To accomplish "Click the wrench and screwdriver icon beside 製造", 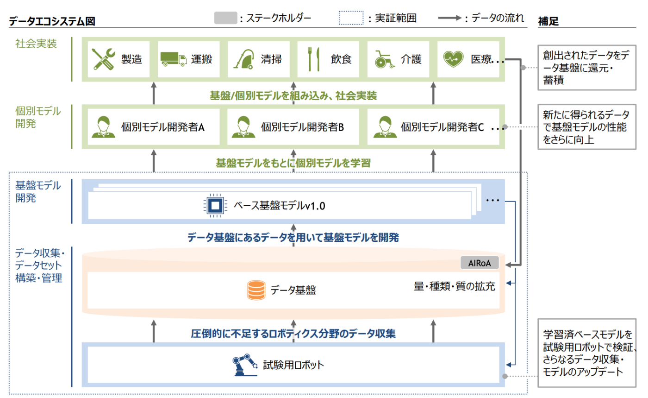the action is tap(103, 59).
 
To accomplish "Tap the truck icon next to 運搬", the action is tap(174, 59).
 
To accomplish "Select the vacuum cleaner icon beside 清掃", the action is tap(243, 59).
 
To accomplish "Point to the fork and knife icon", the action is tap(314, 59).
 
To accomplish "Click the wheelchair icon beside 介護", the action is tap(384, 59).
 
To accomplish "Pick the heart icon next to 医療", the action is tap(453, 59).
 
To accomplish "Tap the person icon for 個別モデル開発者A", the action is tap(103, 127).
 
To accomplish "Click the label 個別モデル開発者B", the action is tap(302, 127).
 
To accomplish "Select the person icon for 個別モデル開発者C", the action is tap(385, 127).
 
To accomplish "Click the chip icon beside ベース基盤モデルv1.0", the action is tap(215, 205).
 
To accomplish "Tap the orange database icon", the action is tap(256, 290).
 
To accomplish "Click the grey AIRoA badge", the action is tap(480, 263).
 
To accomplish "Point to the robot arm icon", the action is tap(245, 365).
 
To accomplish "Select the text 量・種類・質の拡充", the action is tap(454, 286).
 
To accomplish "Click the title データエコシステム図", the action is tap(52, 21).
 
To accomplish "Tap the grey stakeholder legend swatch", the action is tap(226, 18).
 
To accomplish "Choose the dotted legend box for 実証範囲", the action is tap(351, 18).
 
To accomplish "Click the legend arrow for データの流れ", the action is tap(450, 18).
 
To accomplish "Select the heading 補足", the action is tap(548, 21).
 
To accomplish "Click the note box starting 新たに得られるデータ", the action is tap(587, 127).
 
